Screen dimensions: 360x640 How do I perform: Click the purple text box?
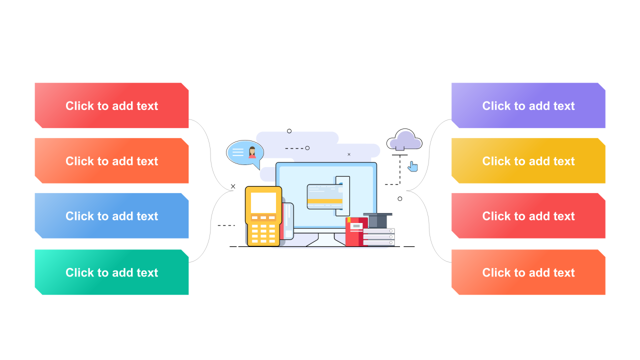(528, 105)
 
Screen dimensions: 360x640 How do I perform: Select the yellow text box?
(528, 160)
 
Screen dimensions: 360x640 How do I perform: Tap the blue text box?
(111, 215)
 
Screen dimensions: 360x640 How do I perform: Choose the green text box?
(111, 272)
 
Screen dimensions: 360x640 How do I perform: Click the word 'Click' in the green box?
(80, 272)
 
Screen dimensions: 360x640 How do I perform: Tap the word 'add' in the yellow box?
(532, 161)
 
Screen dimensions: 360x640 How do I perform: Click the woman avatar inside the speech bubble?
(252, 152)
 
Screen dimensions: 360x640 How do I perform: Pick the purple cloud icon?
(404, 140)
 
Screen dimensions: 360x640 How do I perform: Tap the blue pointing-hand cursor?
(412, 166)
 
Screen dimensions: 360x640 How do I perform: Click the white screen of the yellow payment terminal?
(263, 202)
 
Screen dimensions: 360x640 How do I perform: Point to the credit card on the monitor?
(324, 196)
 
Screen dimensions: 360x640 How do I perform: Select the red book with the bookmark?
(354, 232)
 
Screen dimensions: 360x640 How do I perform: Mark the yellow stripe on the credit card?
(324, 201)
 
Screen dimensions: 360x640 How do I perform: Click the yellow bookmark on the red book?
(349, 219)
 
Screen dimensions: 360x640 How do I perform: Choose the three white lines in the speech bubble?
(238, 152)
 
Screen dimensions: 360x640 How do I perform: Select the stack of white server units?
(379, 237)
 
